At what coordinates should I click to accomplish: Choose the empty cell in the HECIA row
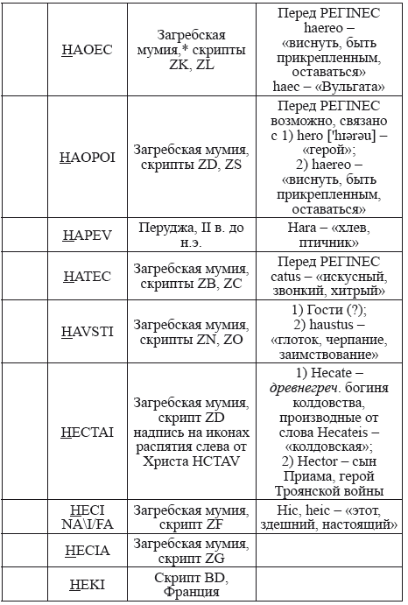click(x=327, y=551)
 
